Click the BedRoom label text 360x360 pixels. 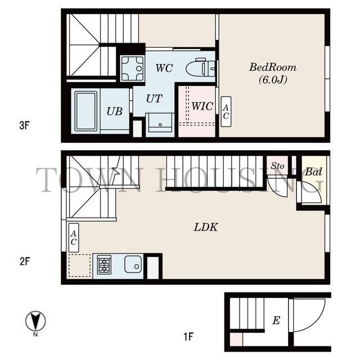(x=273, y=67)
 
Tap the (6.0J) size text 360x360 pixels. (x=273, y=80)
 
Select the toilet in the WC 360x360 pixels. (x=200, y=67)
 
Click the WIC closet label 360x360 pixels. (x=202, y=106)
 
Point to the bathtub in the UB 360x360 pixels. (x=86, y=111)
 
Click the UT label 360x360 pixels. (x=154, y=99)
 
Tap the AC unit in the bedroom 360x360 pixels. (x=226, y=111)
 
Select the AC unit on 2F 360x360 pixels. (x=74, y=238)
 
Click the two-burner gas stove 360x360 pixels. (x=104, y=265)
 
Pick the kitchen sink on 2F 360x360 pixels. (x=133, y=264)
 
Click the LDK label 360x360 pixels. (x=206, y=227)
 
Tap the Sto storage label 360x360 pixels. (x=277, y=165)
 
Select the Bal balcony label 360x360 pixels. (x=313, y=172)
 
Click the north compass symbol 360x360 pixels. (x=35, y=321)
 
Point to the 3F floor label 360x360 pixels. (x=24, y=125)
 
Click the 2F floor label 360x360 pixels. (x=25, y=261)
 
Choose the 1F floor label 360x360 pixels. (x=188, y=337)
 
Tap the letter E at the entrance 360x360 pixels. (x=276, y=320)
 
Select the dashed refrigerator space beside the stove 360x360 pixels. (x=79, y=265)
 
